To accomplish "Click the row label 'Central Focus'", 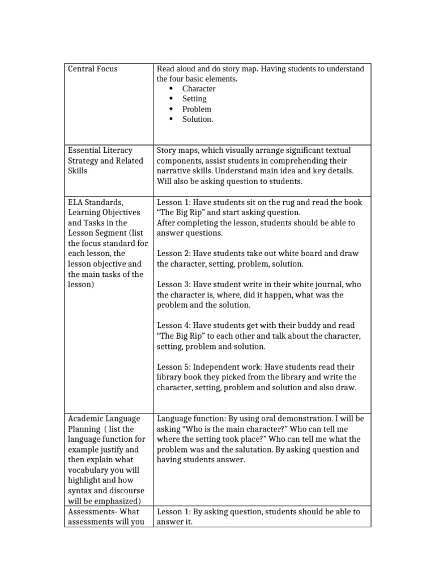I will coord(93,69).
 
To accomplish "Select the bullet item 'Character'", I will coord(199,89).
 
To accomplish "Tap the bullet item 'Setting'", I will coord(194,99).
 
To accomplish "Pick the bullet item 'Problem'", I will coord(197,109).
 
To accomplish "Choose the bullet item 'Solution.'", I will coord(198,120).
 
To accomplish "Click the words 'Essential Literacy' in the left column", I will coord(100,151).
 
